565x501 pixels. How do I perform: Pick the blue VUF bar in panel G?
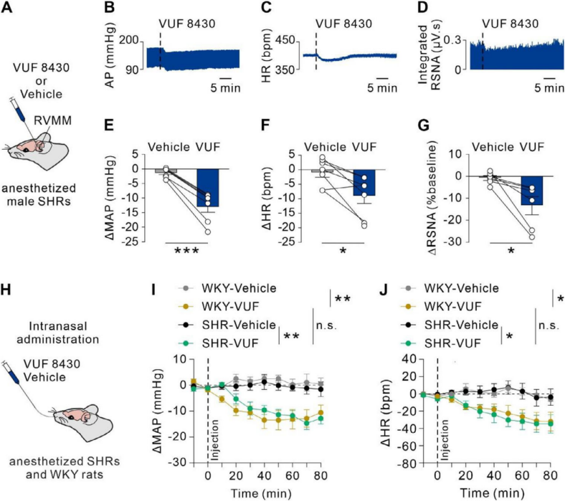click(531, 190)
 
